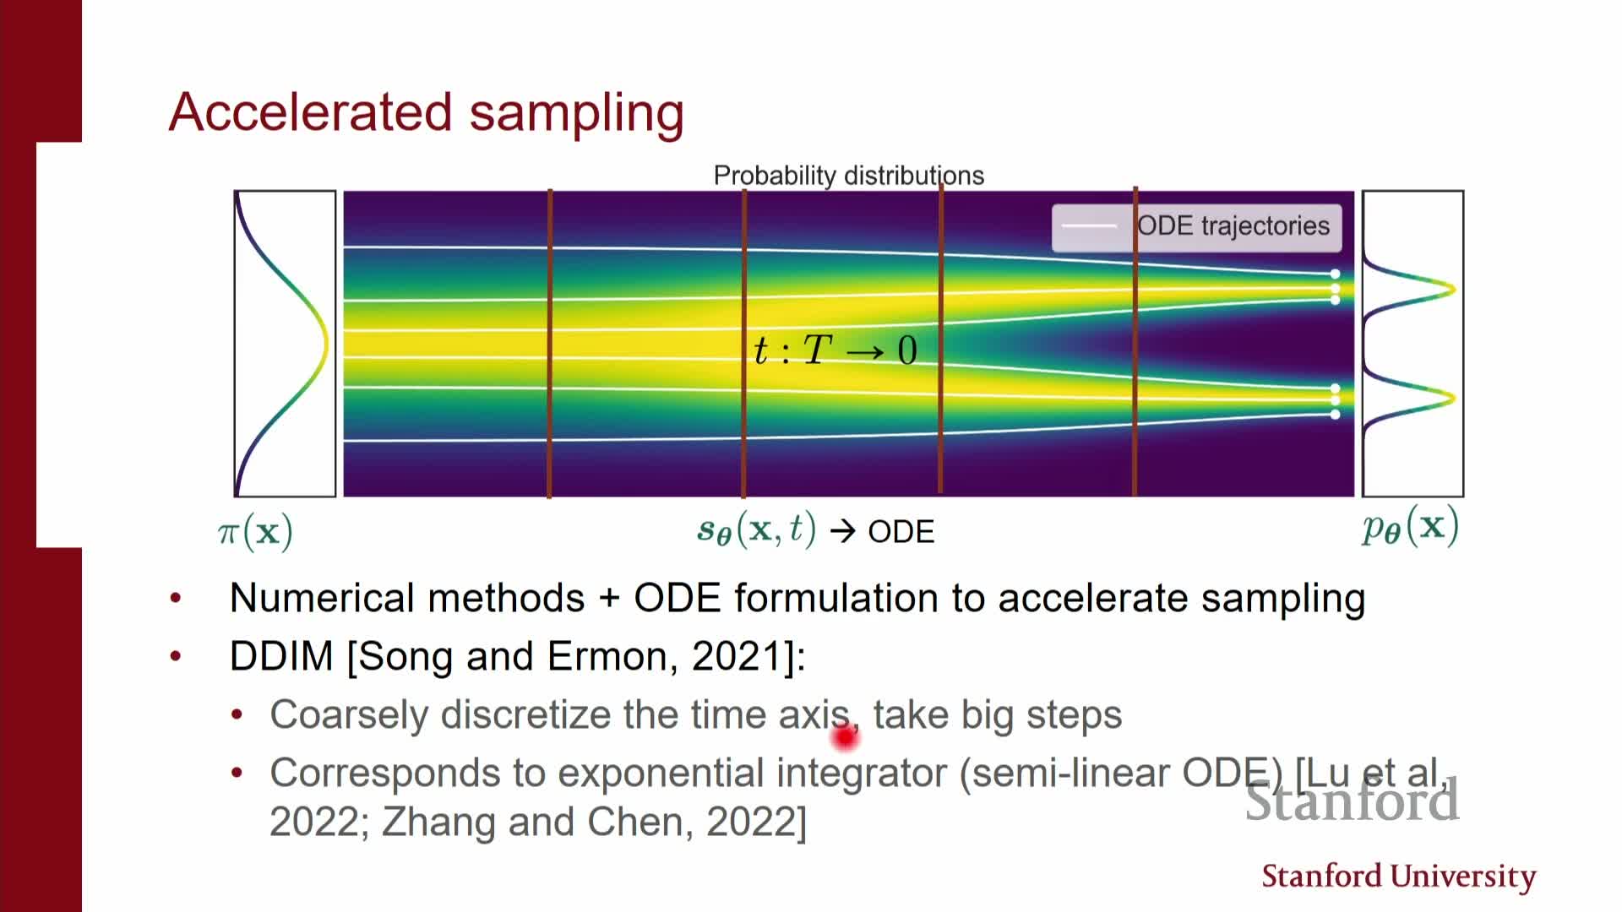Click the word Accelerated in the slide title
click(310, 112)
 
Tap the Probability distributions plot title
click(848, 176)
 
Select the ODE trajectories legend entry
click(1196, 226)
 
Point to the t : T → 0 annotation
click(835, 350)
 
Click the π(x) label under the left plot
click(255, 532)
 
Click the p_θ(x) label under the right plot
click(1410, 527)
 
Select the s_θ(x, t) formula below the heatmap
click(756, 530)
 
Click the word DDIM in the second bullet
click(281, 656)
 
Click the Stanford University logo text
click(1398, 877)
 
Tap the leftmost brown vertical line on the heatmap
click(550, 344)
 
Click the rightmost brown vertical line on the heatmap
click(1135, 344)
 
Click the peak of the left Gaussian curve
click(324, 345)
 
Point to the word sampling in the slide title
click(576, 112)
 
